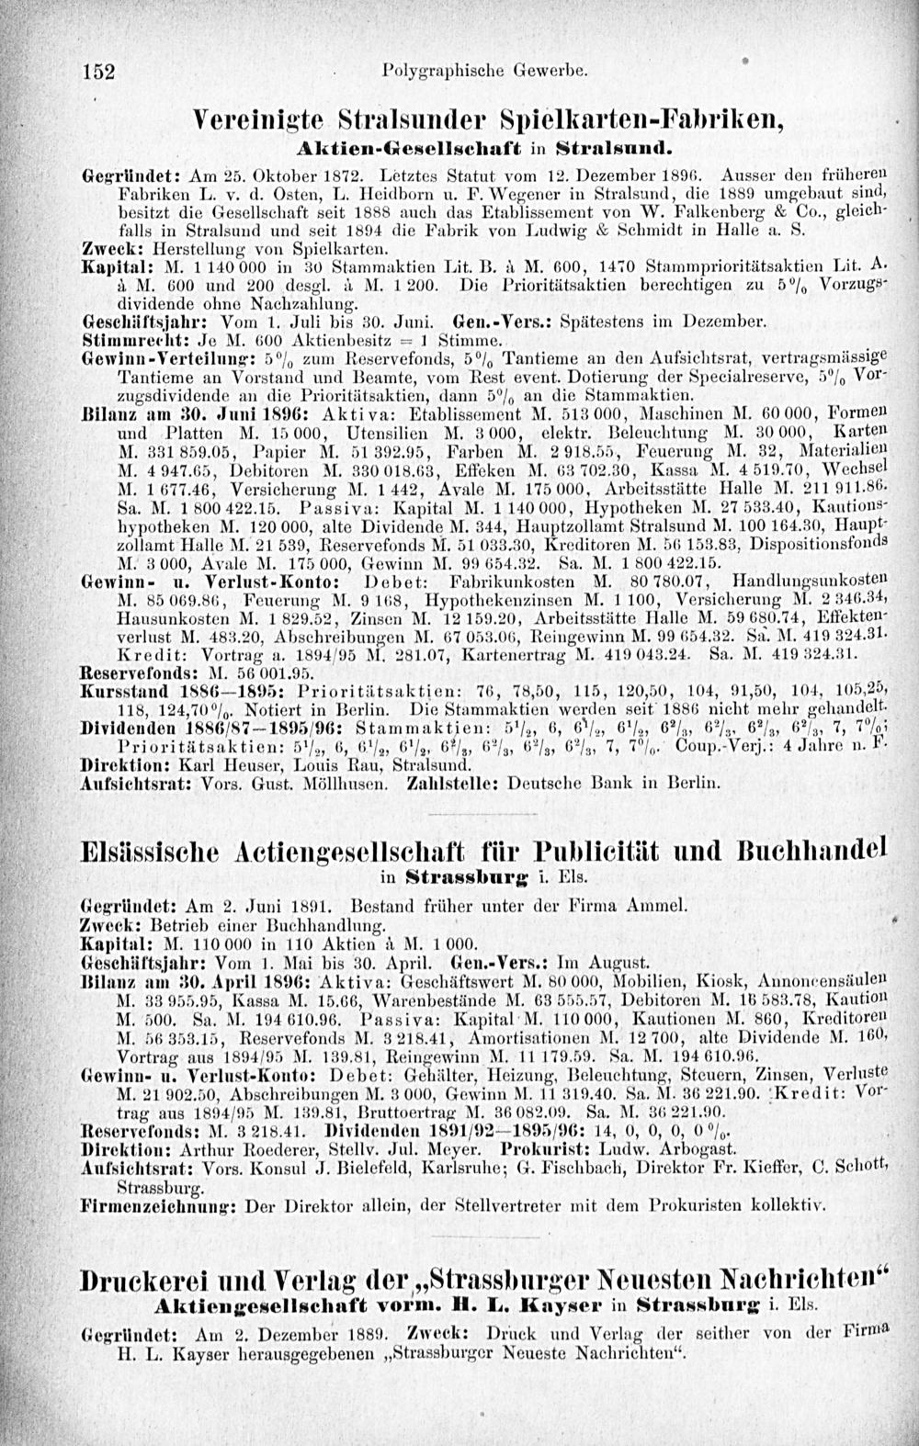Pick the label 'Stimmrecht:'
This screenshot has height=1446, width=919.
point(122,339)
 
